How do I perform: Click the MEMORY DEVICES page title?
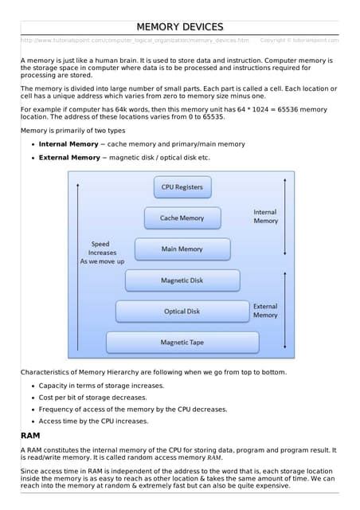(x=179, y=27)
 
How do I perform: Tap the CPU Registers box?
(x=182, y=187)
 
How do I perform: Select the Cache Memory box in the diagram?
(x=182, y=218)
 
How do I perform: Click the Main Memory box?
(x=182, y=249)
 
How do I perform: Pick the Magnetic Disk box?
(x=182, y=280)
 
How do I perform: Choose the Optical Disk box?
(x=182, y=312)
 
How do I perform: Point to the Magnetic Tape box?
(x=182, y=343)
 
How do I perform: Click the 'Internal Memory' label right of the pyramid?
(x=265, y=216)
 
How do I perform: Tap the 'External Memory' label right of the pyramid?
(x=265, y=310)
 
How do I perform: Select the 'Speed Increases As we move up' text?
(x=102, y=253)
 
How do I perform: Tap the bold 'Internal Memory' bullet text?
(x=69, y=144)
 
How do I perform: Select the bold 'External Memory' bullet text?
(x=69, y=158)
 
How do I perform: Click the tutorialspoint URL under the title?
(x=135, y=40)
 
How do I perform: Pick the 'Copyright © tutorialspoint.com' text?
(x=299, y=40)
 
